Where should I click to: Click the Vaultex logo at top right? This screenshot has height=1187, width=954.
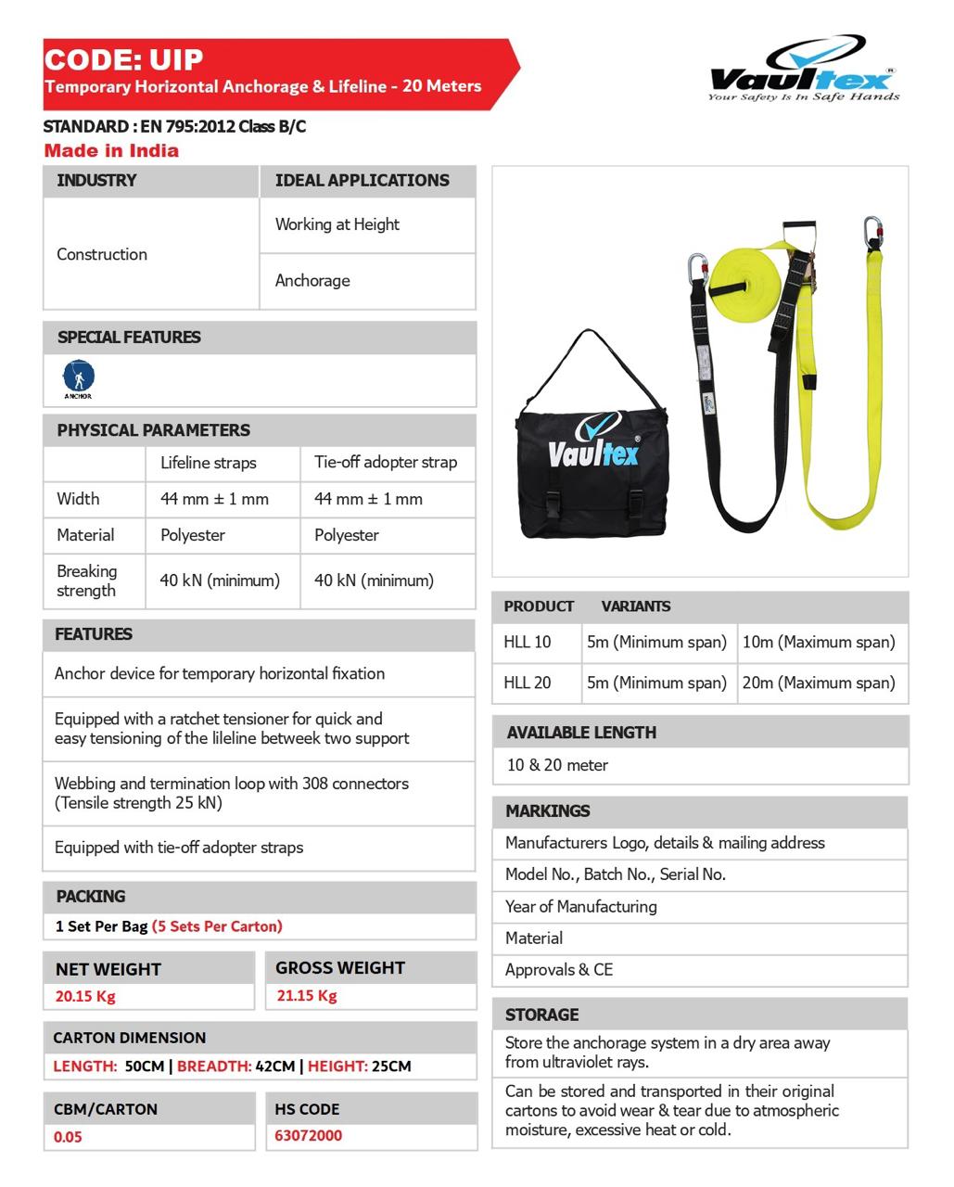point(803,70)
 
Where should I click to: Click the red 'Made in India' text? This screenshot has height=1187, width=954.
point(111,151)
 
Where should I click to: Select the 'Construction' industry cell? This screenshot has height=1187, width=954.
point(102,254)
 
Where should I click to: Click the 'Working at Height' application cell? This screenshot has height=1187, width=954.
point(337,224)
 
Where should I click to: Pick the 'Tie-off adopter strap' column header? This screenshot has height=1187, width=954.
point(385,462)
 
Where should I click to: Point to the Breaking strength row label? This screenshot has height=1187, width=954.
point(86,581)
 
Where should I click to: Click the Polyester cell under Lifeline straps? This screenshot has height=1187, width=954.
point(193,535)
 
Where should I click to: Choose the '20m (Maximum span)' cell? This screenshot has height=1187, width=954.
point(819,683)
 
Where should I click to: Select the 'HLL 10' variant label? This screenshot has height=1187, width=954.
point(527,642)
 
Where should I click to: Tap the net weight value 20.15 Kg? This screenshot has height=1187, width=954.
point(85,996)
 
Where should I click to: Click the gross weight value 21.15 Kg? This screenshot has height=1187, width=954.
point(307,995)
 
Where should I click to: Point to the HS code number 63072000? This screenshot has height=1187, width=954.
point(308,1135)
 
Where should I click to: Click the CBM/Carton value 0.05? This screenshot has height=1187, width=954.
point(68,1136)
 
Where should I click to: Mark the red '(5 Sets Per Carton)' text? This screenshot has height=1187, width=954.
point(217,926)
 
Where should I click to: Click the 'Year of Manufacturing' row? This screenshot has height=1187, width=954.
point(580,906)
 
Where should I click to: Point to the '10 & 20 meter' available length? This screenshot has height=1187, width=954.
point(557,765)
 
